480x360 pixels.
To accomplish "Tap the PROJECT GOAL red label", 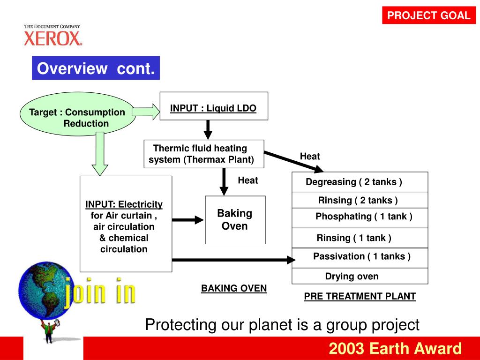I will (x=428, y=15).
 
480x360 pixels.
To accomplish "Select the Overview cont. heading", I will (x=96, y=68).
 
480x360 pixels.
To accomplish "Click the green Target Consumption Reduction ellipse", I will (x=77, y=113).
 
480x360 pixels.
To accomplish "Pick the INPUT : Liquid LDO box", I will (x=213, y=106).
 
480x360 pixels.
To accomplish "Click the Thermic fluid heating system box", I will (x=203, y=154).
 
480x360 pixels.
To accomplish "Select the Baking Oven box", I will (x=235, y=220).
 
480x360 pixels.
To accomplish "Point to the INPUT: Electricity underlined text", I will (x=124, y=204).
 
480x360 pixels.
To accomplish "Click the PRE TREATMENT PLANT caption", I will (x=360, y=296).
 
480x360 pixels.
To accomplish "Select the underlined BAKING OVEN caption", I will (x=234, y=288).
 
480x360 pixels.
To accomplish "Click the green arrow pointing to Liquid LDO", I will (x=146, y=112).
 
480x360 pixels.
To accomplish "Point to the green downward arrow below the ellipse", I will (x=99, y=153).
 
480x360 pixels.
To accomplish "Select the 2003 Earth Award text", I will (x=395, y=349).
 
